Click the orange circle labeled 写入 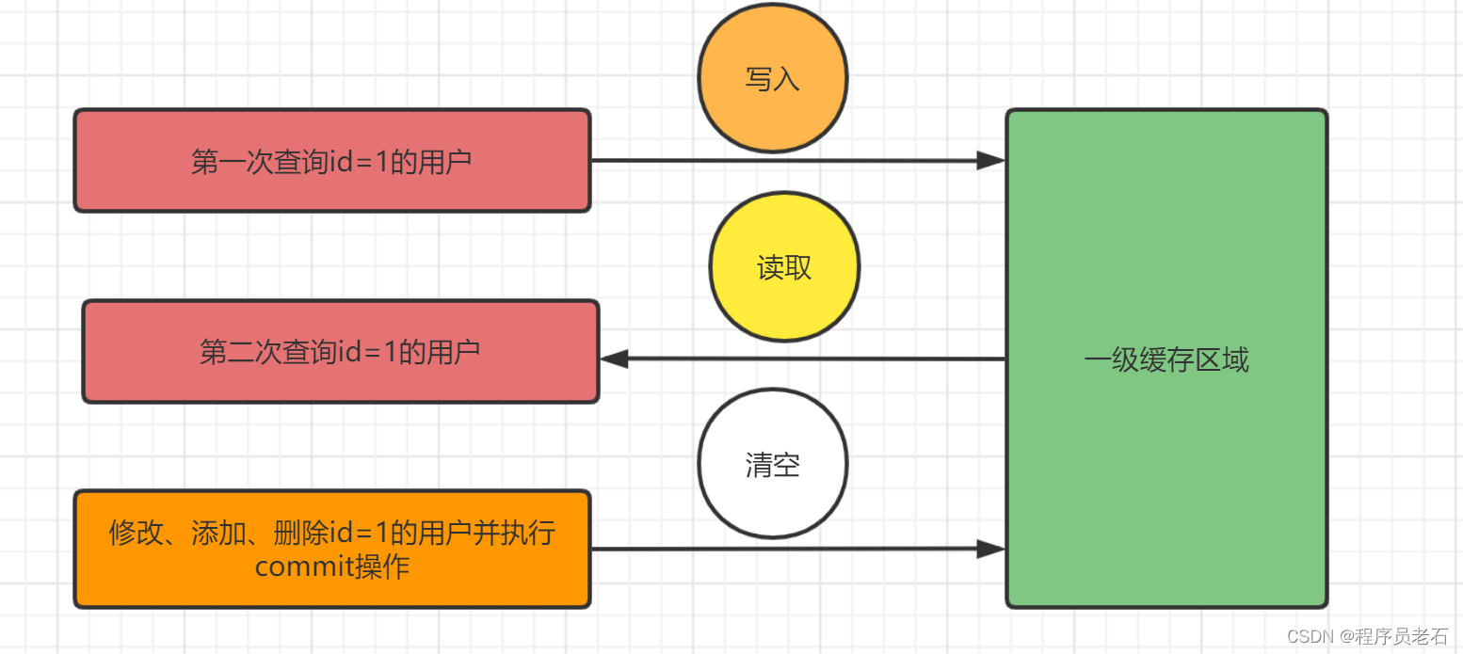click(x=772, y=78)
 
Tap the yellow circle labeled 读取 click(x=783, y=267)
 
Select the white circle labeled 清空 click(x=772, y=464)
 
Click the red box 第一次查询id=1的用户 click(x=331, y=161)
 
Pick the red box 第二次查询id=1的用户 click(x=340, y=352)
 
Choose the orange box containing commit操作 click(x=331, y=549)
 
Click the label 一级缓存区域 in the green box click(x=1166, y=359)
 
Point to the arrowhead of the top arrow click(x=990, y=161)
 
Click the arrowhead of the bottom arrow click(x=990, y=549)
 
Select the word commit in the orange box click(x=302, y=567)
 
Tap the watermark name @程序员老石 click(x=1395, y=636)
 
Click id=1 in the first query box click(x=366, y=162)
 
